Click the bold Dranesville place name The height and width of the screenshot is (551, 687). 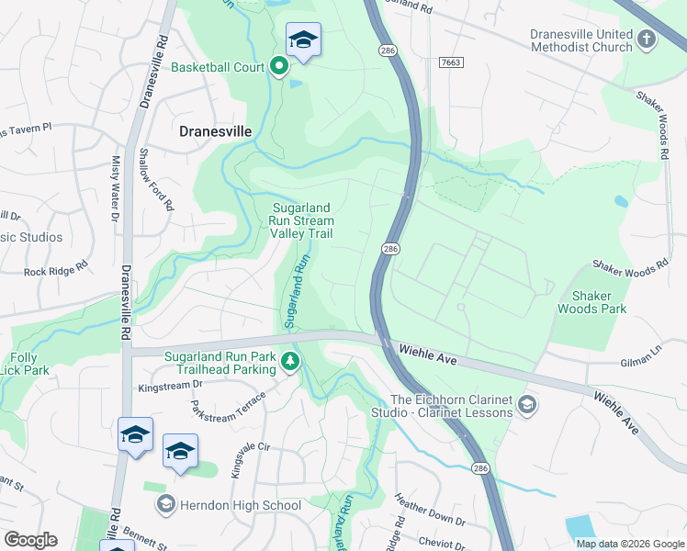coord(214,131)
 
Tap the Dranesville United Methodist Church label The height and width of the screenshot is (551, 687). coord(581,40)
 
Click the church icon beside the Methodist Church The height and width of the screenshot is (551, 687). coord(647,39)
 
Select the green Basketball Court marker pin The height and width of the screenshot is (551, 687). coord(279,67)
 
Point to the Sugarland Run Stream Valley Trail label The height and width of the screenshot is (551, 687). coord(301,220)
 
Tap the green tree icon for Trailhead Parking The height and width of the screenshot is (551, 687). coord(290,361)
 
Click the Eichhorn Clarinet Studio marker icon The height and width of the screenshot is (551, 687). coord(527,404)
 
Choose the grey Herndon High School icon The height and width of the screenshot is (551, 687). coord(165,503)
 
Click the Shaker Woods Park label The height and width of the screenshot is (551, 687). coord(599,302)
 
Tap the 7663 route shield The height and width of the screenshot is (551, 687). coord(451,62)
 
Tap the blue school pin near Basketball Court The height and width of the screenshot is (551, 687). coord(303,40)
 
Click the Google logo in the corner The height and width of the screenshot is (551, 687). coord(31,540)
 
